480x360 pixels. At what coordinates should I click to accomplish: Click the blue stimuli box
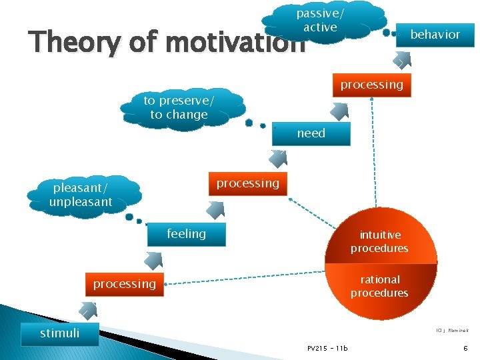[60, 333]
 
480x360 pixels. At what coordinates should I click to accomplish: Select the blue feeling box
[186, 234]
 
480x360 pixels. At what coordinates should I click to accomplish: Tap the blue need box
[311, 133]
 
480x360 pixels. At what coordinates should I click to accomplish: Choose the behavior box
[435, 35]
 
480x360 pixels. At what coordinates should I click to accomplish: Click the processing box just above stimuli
[124, 284]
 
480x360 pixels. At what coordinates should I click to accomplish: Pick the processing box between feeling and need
[247, 183]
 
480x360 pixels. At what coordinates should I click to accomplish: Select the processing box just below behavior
[371, 85]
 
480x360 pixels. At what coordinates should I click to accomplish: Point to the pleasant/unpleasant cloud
[81, 194]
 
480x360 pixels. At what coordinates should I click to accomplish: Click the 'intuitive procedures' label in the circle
[379, 241]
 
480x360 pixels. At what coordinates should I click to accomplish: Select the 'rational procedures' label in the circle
[379, 287]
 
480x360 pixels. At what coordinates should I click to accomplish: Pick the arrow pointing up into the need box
[277, 159]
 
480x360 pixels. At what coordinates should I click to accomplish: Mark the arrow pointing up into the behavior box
[401, 61]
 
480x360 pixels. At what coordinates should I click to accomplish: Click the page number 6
[465, 348]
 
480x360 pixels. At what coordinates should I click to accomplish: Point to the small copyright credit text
[451, 329]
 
